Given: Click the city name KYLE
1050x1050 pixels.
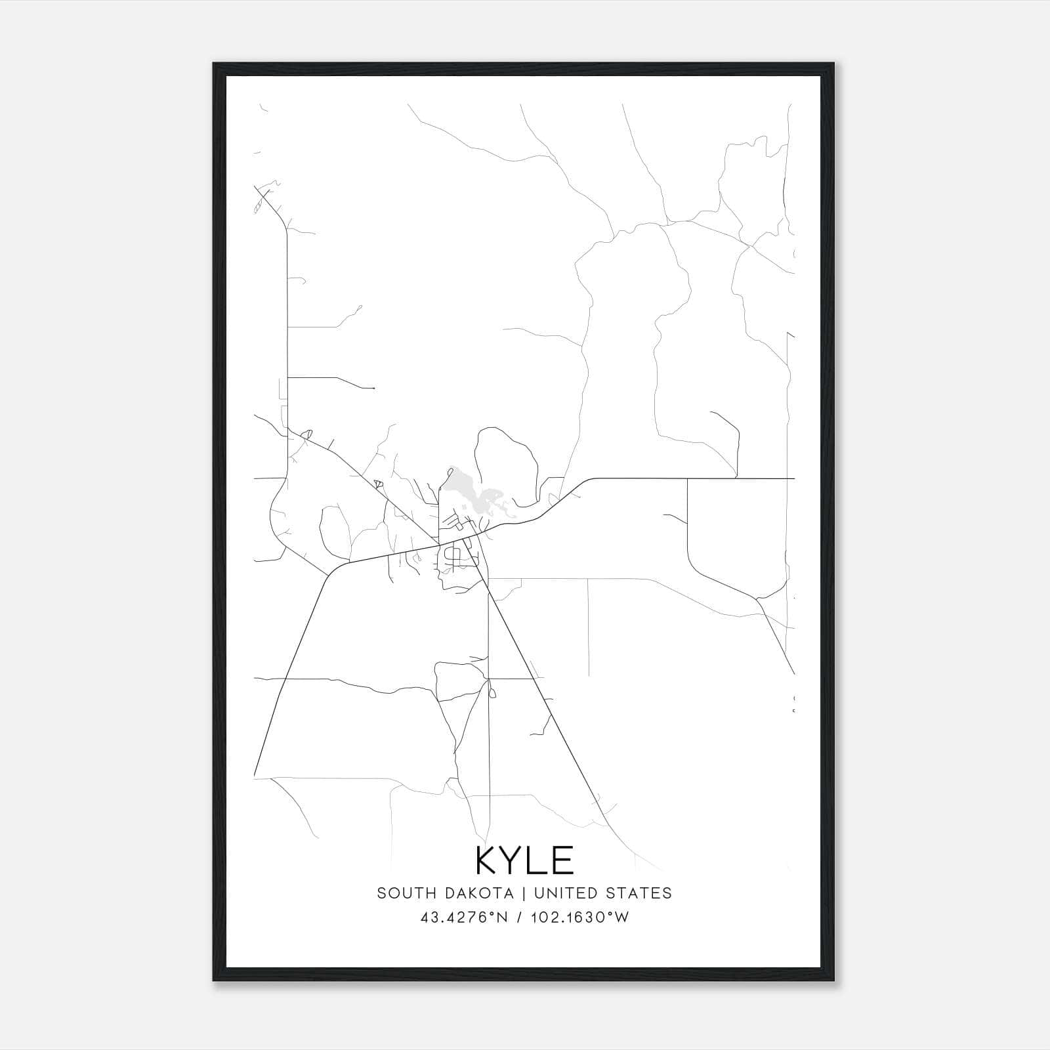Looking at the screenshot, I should click(x=524, y=860).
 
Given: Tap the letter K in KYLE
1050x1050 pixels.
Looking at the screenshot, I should click(x=487, y=860).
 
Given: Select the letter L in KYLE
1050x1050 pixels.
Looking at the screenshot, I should click(x=538, y=860).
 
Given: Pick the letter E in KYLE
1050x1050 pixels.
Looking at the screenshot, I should click(x=563, y=860).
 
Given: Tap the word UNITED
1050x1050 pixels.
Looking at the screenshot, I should click(x=565, y=892).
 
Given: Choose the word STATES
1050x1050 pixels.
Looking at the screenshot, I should click(x=639, y=892).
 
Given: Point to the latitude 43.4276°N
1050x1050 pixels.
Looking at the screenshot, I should click(x=465, y=917).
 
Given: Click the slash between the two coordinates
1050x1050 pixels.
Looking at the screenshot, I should click(x=519, y=917).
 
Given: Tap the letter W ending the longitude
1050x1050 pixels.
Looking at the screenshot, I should click(x=623, y=917).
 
